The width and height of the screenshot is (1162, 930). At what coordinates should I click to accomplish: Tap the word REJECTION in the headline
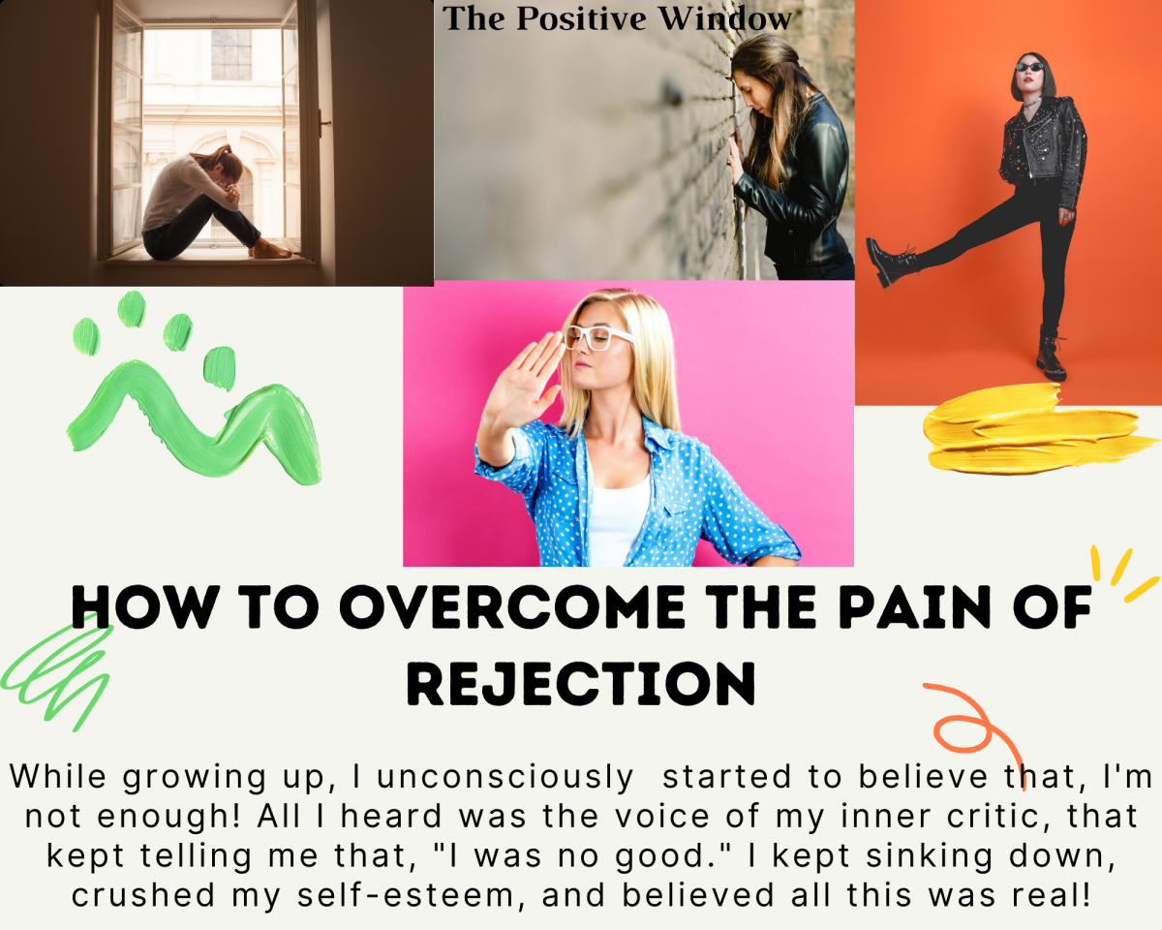(581, 684)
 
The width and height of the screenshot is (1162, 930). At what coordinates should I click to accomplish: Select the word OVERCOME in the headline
(512, 606)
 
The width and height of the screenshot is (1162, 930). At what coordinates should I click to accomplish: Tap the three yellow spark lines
(1123, 573)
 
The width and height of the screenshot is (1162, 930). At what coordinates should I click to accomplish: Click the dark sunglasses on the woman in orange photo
(1029, 67)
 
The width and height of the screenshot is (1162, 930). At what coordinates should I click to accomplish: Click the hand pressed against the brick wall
(735, 156)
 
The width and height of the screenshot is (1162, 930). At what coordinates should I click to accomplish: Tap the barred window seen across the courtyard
(231, 54)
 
